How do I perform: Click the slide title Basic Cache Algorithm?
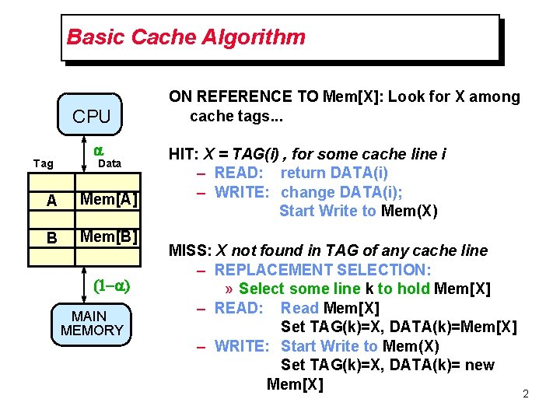click(x=186, y=37)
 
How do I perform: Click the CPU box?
click(x=92, y=117)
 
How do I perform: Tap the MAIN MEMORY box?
click(x=92, y=323)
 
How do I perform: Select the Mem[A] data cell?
click(x=110, y=199)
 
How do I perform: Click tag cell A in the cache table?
click(x=51, y=200)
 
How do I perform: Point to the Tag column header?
click(x=44, y=163)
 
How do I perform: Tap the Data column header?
click(x=109, y=163)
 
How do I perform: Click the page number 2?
click(x=525, y=394)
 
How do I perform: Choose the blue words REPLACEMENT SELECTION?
click(x=323, y=270)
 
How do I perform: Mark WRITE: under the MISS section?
click(x=242, y=346)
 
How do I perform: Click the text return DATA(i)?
click(x=334, y=173)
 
